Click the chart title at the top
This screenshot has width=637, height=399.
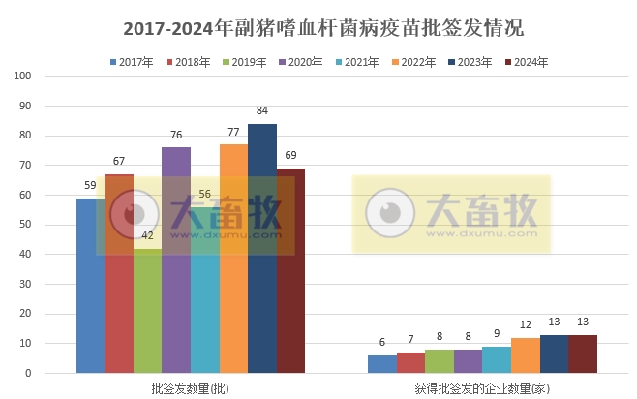click(318, 28)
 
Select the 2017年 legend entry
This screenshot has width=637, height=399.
click(132, 62)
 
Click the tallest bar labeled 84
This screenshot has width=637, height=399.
click(261, 248)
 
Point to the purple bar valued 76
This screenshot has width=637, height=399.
click(176, 260)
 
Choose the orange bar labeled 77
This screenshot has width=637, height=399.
click(233, 259)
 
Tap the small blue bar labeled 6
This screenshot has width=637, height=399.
click(381, 364)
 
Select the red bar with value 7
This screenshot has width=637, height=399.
click(410, 362)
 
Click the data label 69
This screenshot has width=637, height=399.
click(290, 155)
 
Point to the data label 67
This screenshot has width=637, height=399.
click(119, 161)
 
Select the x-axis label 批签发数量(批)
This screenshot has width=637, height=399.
click(190, 387)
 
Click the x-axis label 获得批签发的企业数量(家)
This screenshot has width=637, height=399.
click(482, 387)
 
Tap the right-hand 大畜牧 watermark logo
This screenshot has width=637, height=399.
click(451, 214)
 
